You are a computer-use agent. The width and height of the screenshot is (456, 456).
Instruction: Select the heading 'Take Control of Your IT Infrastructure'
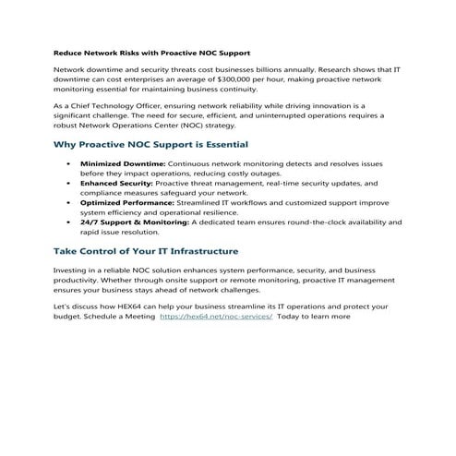coord(147,250)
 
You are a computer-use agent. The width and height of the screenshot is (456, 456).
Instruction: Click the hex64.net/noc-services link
coord(215,317)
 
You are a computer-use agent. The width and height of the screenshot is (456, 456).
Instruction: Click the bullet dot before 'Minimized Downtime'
coord(69,162)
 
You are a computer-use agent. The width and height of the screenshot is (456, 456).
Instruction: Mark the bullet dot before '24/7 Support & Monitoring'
coord(69,222)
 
